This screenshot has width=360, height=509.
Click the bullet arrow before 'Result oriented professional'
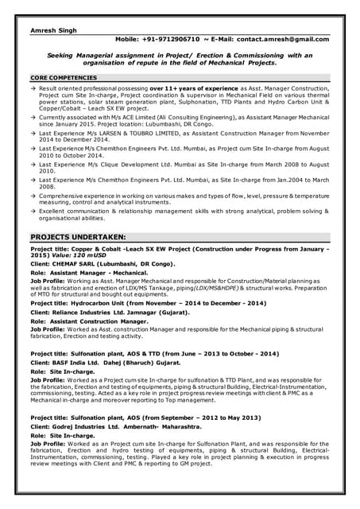click(34, 87)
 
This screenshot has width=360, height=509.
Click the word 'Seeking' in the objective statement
click(60, 55)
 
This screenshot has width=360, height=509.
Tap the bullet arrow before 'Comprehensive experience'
click(34, 193)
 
